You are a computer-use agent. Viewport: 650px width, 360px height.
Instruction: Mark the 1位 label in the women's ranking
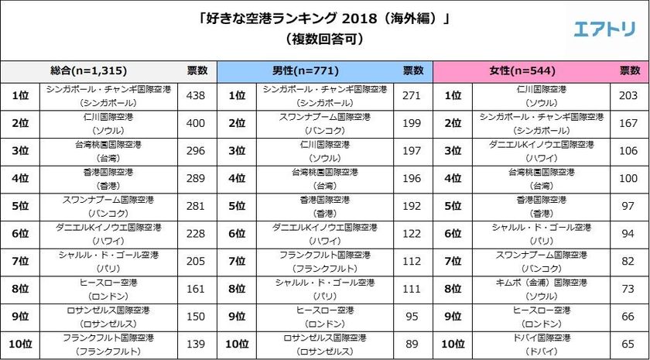(x=454, y=96)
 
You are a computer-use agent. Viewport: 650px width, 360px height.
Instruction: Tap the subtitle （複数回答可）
(x=324, y=37)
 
